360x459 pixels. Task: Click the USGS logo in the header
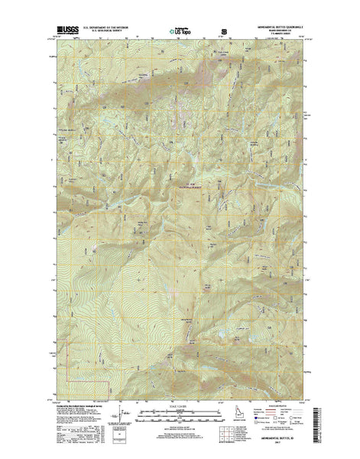63,31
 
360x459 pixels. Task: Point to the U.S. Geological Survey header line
99,33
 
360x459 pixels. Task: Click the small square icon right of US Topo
224,32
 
